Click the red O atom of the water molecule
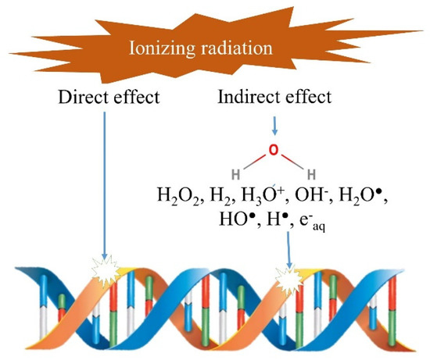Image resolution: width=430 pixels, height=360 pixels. tap(272, 149)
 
